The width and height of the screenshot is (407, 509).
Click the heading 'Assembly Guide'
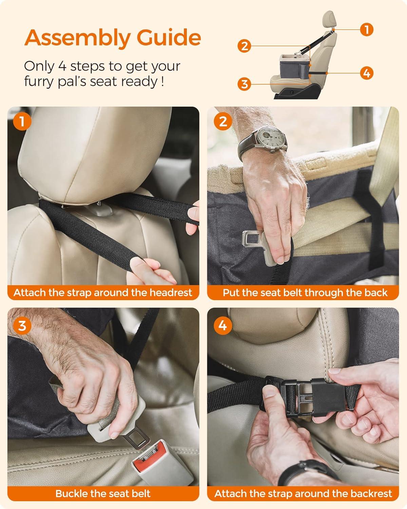[x=113, y=38]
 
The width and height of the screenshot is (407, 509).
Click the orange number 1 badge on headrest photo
[x=22, y=121]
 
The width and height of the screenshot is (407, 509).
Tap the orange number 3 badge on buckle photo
[x=22, y=325]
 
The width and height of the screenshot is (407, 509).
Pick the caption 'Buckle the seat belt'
[x=103, y=493]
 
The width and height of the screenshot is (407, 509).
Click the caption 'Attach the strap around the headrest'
[x=103, y=293]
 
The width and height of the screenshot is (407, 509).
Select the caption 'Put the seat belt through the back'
[x=305, y=293]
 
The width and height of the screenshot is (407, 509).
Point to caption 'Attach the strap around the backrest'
[x=303, y=493]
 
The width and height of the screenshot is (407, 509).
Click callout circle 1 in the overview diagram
[x=366, y=30]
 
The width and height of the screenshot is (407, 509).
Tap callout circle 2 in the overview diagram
[x=245, y=46]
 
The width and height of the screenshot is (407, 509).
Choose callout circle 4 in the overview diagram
[x=366, y=73]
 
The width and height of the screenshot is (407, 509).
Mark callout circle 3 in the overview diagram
[x=245, y=84]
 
